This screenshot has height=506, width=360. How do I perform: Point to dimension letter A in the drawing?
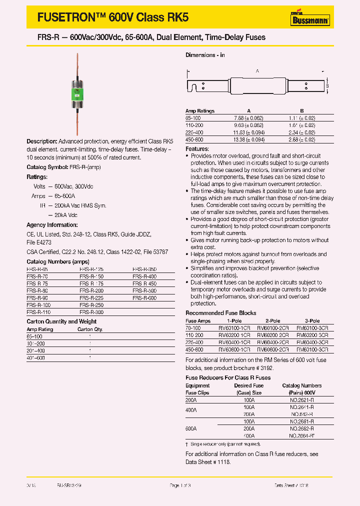[257, 71]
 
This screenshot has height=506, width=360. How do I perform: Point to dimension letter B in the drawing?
[326, 86]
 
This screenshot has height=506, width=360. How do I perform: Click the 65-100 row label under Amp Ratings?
[192, 118]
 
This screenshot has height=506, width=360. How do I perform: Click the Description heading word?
[38, 142]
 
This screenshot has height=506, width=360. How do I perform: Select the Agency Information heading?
[52, 225]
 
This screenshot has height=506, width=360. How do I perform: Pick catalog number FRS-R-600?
[144, 297]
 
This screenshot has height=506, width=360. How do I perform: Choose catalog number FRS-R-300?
[91, 312]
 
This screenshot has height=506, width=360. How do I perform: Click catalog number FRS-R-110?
[38, 312]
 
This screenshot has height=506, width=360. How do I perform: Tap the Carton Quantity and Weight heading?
[61, 321]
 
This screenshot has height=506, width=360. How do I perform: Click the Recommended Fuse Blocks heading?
[220, 313]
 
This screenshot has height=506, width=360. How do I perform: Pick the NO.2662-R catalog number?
[301, 429]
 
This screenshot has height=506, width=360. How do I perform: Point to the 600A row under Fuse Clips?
[191, 429]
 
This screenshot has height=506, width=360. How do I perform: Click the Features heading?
[197, 149]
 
